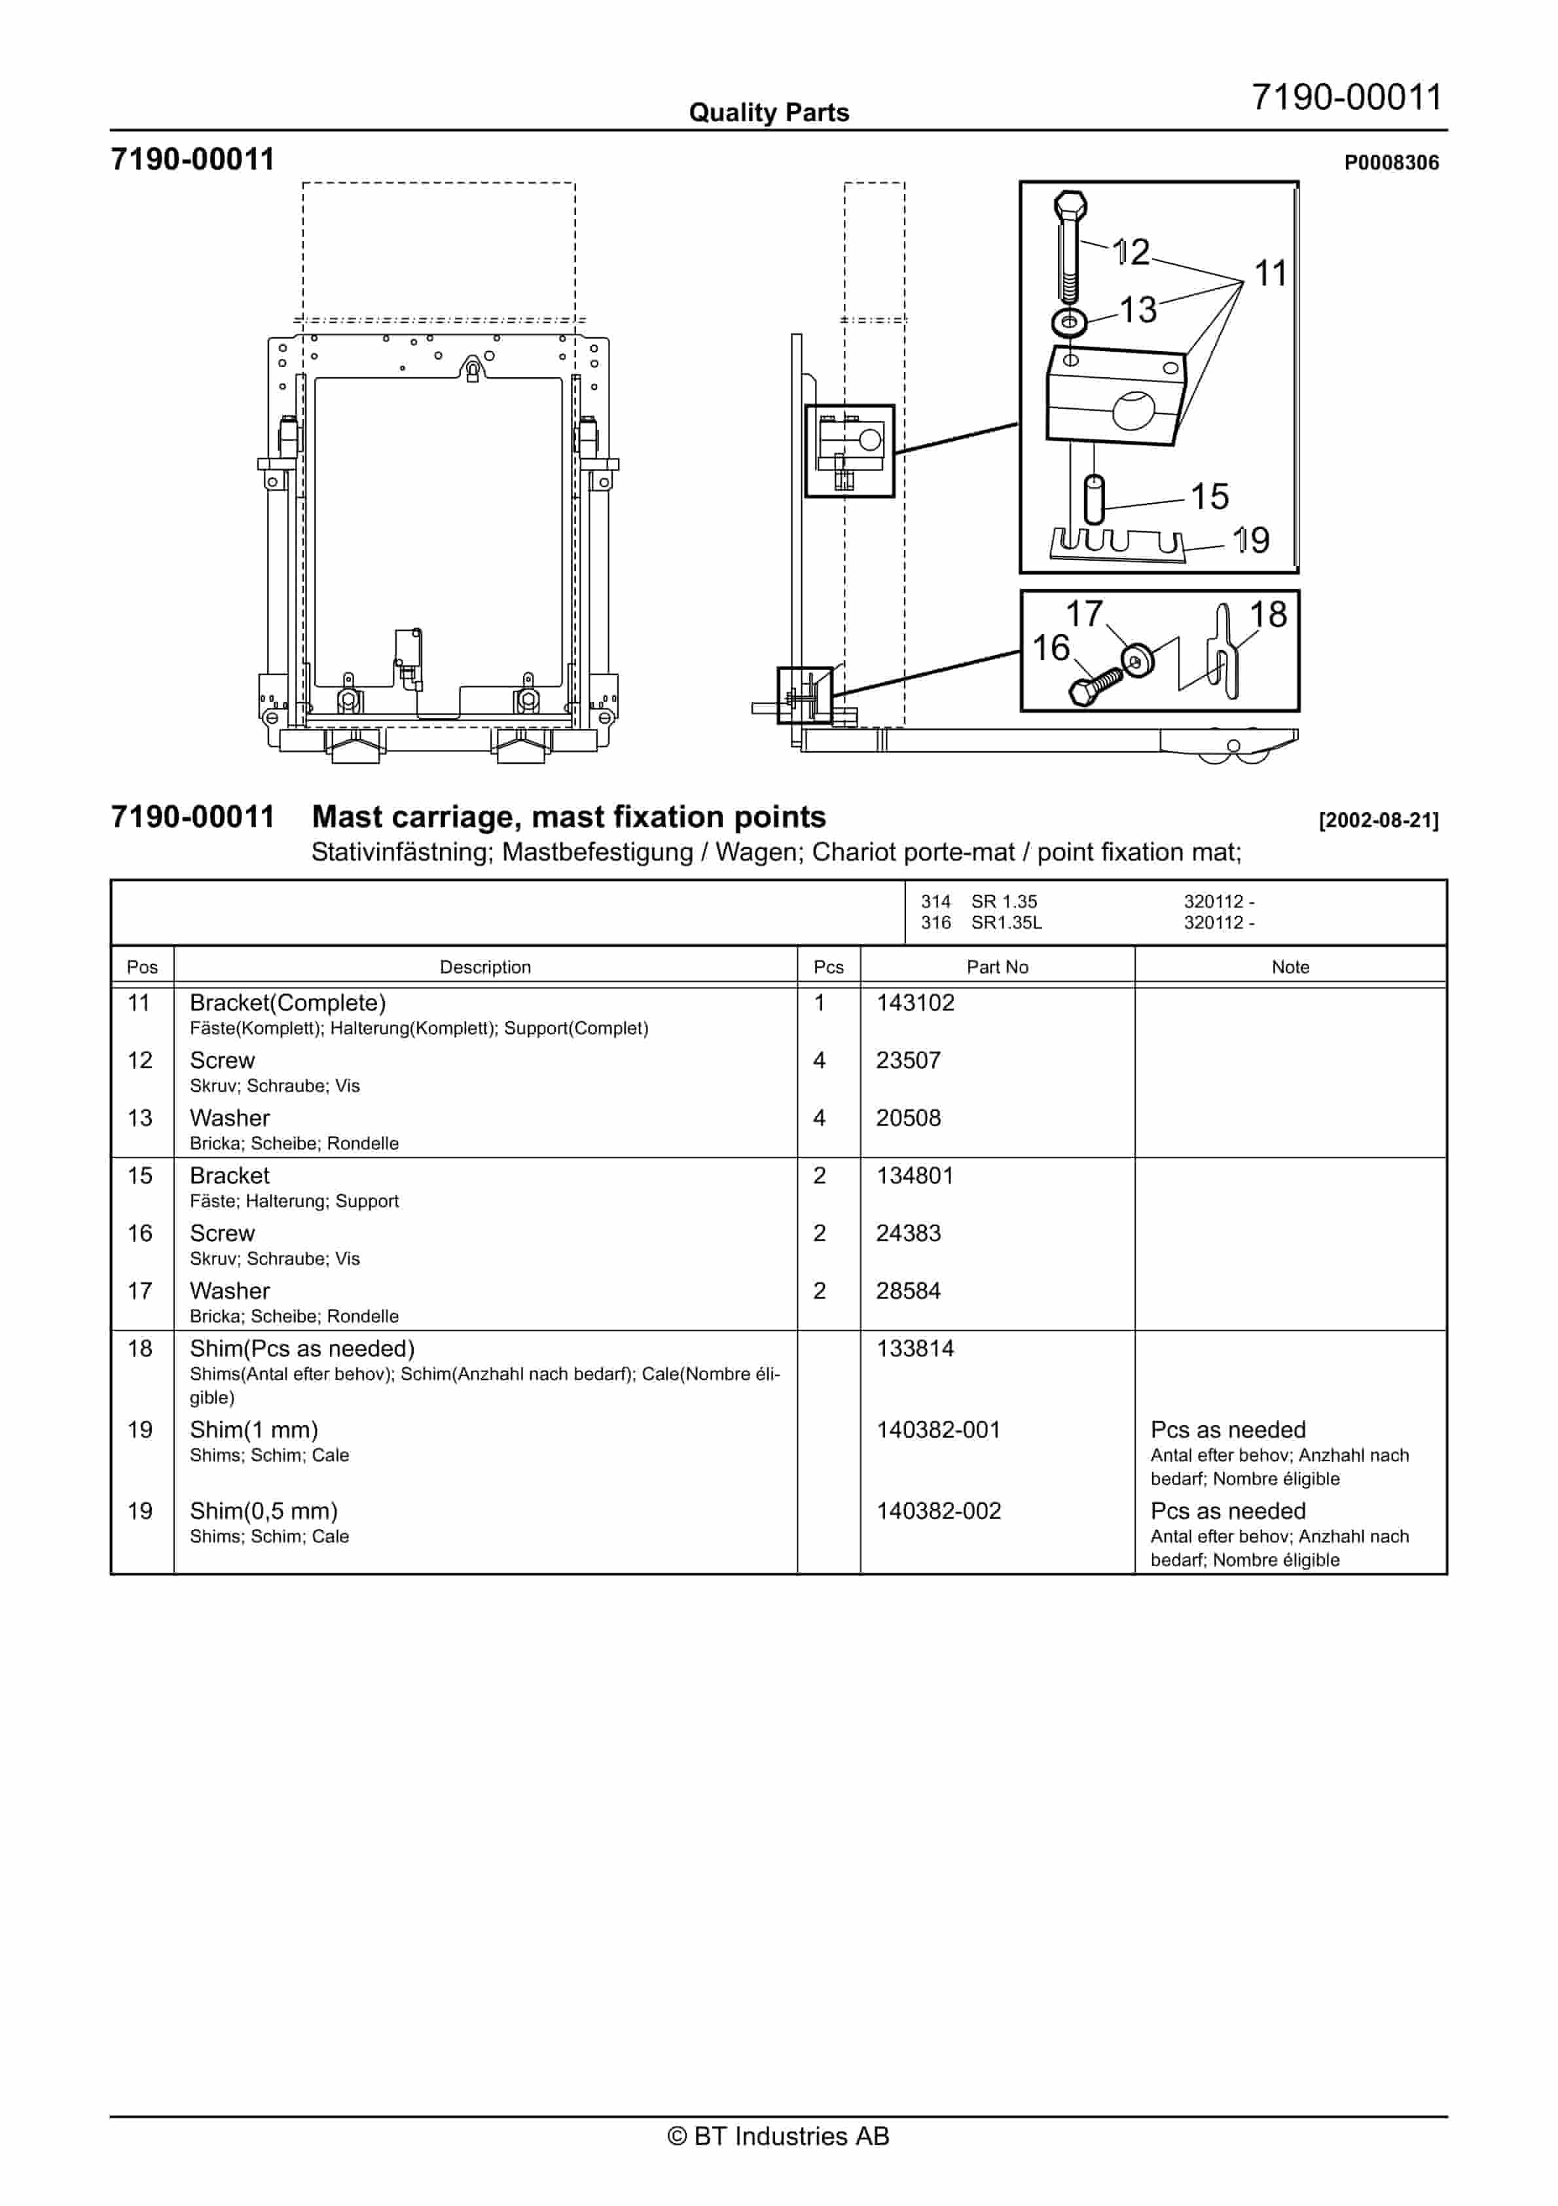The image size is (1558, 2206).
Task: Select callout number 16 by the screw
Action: point(1050,648)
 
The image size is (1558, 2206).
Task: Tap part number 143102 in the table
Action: point(915,1003)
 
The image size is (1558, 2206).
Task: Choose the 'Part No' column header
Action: point(996,967)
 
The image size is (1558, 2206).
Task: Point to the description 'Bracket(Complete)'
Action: point(287,1003)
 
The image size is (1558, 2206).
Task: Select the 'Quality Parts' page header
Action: point(769,113)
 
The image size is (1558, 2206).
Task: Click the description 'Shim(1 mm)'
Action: point(253,1430)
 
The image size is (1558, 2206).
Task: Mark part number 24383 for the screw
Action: point(908,1233)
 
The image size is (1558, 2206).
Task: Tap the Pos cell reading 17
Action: point(140,1292)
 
